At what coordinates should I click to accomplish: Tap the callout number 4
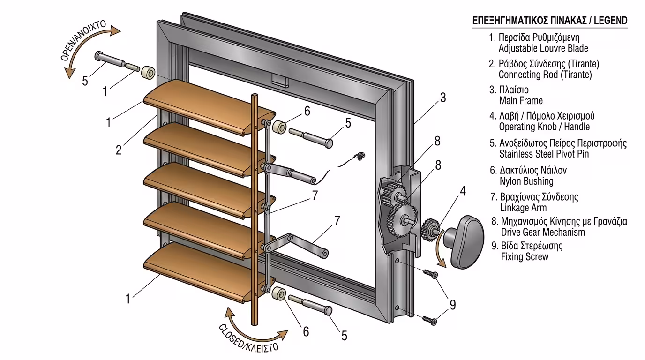coord(462,191)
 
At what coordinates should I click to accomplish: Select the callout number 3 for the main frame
coord(442,98)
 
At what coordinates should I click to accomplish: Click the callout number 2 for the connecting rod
coord(119,150)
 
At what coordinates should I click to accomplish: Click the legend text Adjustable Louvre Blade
coord(543,48)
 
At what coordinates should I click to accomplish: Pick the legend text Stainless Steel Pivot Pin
coord(544,154)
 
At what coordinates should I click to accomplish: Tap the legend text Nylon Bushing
coord(526,181)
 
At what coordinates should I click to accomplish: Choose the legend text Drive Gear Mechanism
coord(543,232)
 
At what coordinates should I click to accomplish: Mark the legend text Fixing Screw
coord(525,257)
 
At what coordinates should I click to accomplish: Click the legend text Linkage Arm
coord(523,207)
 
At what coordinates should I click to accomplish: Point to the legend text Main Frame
coord(521,100)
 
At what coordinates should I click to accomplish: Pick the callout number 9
coord(453,305)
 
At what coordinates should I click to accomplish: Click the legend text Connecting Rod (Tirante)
coord(545,75)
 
